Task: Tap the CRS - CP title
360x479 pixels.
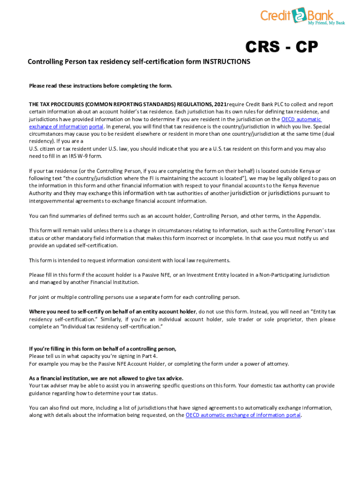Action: pos(282,47)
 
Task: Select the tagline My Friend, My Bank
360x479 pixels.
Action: pos(326,23)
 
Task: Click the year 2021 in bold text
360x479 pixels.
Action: pos(220,104)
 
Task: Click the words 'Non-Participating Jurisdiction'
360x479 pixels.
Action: pos(295,275)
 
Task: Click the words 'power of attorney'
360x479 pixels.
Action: pos(265,363)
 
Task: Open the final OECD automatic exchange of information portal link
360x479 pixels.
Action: pos(243,415)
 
